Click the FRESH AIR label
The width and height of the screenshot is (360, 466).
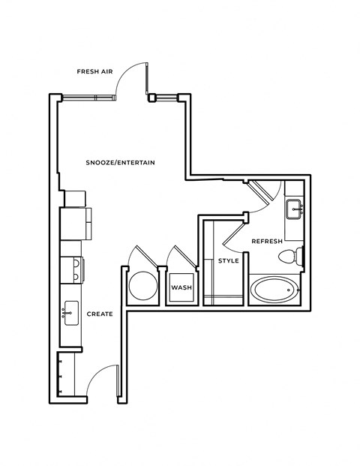(94, 72)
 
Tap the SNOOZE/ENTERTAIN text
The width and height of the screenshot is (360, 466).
(120, 161)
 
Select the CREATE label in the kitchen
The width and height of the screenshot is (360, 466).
(99, 314)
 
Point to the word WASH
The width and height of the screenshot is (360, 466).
(181, 287)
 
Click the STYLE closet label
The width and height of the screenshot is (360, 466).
(228, 261)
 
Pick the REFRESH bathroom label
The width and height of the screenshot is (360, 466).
(266, 242)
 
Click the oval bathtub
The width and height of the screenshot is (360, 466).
(274, 289)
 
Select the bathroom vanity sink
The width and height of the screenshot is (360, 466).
(293, 208)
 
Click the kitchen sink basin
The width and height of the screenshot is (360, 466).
(72, 311)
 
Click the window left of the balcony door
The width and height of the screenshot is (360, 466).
(88, 97)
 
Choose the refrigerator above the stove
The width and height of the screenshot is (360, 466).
(76, 222)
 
